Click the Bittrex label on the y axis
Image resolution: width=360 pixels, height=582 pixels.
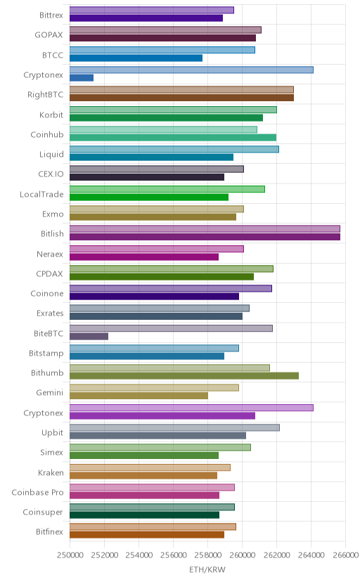[x=51, y=15]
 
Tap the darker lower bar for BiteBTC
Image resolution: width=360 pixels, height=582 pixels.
[x=89, y=336]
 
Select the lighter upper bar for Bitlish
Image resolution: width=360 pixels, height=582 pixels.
[x=205, y=228]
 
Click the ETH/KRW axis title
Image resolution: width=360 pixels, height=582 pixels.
[x=207, y=570]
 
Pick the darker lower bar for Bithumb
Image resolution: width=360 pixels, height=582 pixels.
[x=184, y=376]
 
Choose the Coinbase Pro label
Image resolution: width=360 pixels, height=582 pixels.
[x=37, y=493]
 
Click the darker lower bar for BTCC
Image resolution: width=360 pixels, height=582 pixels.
[x=136, y=58]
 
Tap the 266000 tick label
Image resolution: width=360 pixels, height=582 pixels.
[x=345, y=555]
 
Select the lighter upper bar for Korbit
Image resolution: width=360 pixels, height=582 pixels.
[x=173, y=110]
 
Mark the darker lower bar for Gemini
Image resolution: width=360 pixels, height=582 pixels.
[x=139, y=396]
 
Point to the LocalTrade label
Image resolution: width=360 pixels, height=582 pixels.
[x=41, y=195]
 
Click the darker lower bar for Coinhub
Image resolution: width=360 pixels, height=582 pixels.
[x=173, y=138]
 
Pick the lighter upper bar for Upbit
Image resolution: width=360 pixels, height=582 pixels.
[x=175, y=427]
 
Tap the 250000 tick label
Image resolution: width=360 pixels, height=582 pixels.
[x=70, y=555]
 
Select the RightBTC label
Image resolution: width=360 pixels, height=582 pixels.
[x=45, y=95]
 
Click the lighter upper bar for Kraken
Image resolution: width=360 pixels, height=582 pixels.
[x=150, y=467]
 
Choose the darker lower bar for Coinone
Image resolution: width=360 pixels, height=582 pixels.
[x=155, y=297]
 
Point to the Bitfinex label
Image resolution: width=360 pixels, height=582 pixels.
[x=50, y=532]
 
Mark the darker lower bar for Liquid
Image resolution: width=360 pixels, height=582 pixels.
[x=151, y=157]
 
